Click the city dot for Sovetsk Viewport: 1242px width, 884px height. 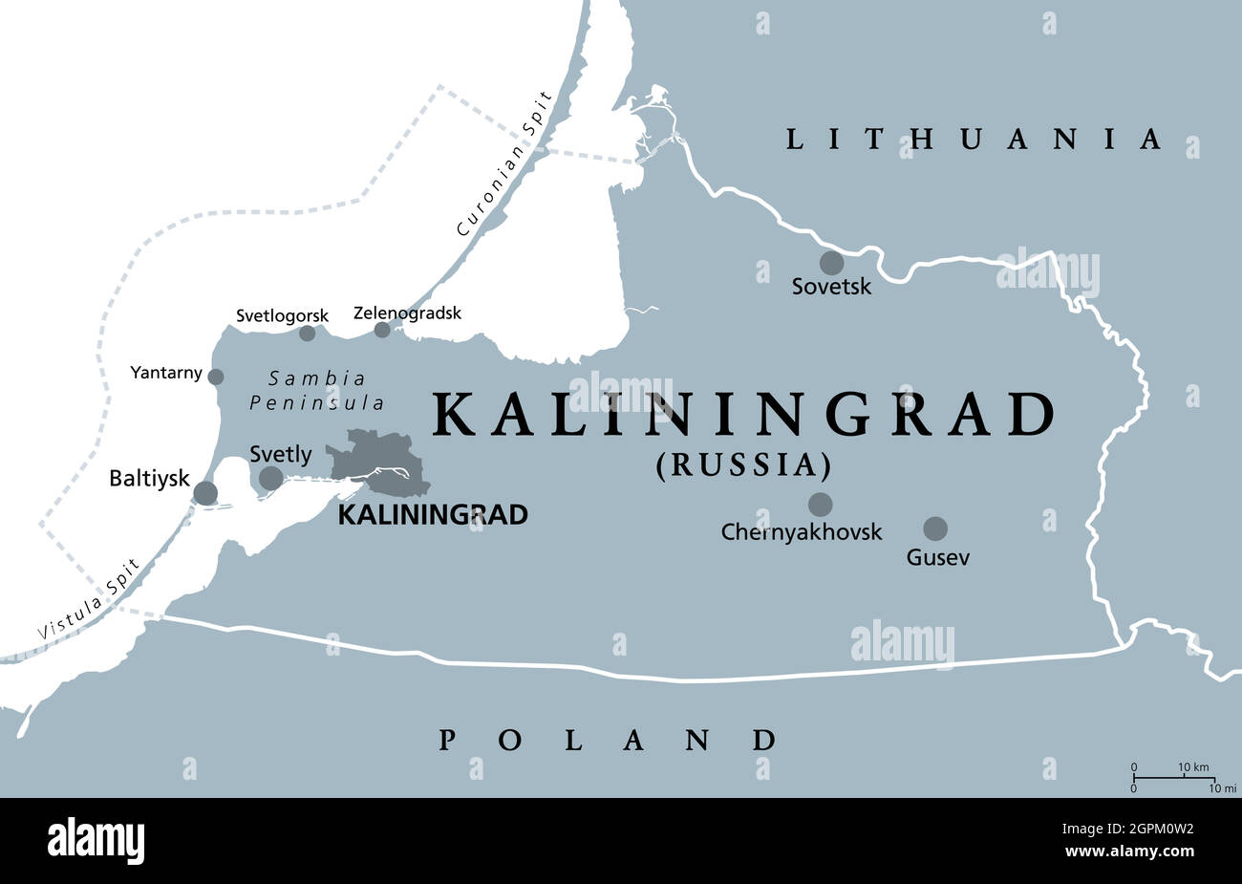831,263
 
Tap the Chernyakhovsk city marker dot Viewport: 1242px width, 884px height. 820,504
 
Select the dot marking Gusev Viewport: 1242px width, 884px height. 935,528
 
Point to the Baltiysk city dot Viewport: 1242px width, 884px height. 205,493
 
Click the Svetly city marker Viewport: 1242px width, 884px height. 271,478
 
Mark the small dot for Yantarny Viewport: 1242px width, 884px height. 216,377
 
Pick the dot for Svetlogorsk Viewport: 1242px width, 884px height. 307,334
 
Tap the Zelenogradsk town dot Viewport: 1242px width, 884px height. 382,330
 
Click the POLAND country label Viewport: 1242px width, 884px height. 608,740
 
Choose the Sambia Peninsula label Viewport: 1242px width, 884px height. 317,390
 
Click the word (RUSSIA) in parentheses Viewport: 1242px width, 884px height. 742,465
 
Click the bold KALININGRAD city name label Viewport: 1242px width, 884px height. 433,515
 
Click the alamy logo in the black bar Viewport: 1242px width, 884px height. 96,840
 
